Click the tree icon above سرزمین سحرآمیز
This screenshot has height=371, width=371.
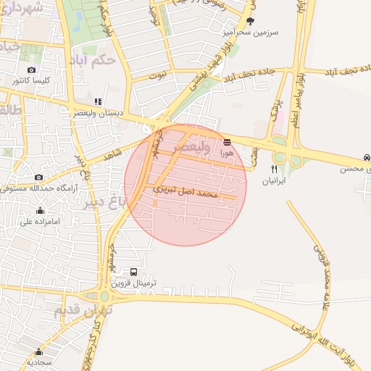[x=251, y=21]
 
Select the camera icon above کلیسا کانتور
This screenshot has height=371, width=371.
[x=30, y=70]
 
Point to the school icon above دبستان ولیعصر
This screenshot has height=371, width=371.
[x=98, y=102]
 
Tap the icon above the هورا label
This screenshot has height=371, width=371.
[x=228, y=141]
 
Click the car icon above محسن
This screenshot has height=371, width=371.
[x=367, y=157]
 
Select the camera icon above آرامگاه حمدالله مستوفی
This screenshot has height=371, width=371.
[x=38, y=178]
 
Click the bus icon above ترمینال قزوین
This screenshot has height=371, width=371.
[x=134, y=272]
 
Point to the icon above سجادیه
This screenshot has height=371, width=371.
[x=30, y=350]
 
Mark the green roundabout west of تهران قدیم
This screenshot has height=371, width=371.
[x=104, y=296]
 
